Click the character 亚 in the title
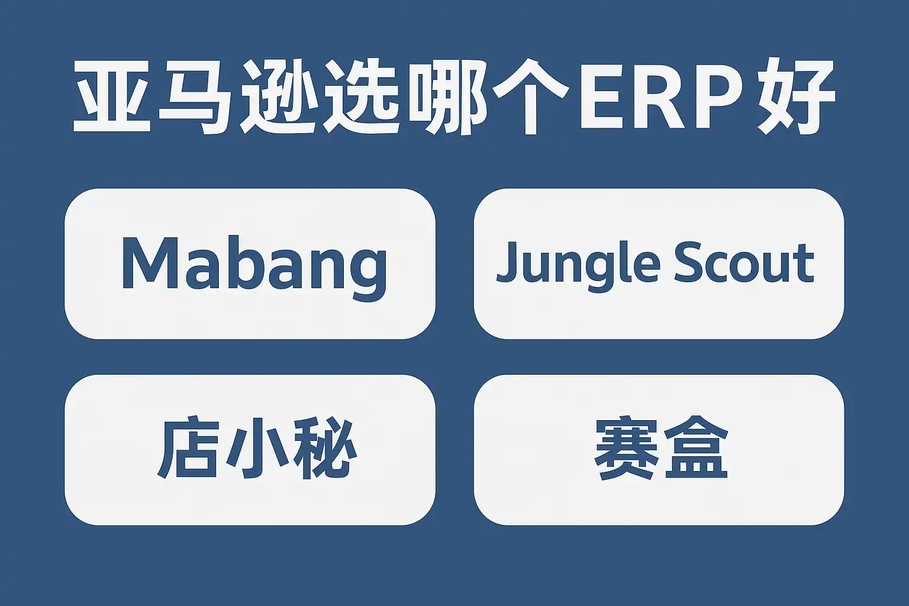[112, 97]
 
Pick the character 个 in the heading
[530, 97]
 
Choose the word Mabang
[254, 268]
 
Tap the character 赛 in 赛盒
[627, 448]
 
